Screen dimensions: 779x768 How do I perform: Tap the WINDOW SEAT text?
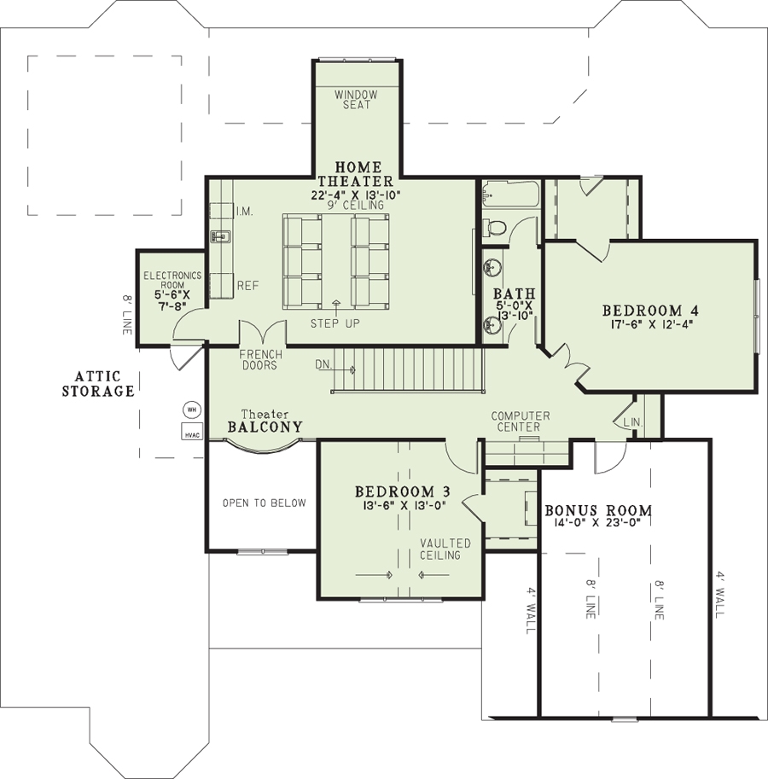(x=356, y=100)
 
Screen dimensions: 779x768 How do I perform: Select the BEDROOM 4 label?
(x=643, y=311)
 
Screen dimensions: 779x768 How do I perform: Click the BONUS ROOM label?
(x=598, y=511)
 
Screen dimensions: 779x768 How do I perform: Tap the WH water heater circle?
(x=192, y=410)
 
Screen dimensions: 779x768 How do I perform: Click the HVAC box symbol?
(x=192, y=433)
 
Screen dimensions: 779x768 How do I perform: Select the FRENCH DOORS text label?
(x=259, y=360)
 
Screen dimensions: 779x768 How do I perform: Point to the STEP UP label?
(x=335, y=323)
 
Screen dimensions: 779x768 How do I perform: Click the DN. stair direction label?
(x=323, y=364)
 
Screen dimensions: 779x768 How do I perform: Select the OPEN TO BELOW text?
(x=264, y=503)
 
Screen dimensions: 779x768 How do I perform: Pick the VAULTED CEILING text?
(x=445, y=549)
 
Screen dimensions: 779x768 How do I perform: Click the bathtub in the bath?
(x=508, y=195)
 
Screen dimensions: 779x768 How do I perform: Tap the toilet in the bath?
(x=495, y=227)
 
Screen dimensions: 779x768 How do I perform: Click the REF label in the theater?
(x=247, y=286)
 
